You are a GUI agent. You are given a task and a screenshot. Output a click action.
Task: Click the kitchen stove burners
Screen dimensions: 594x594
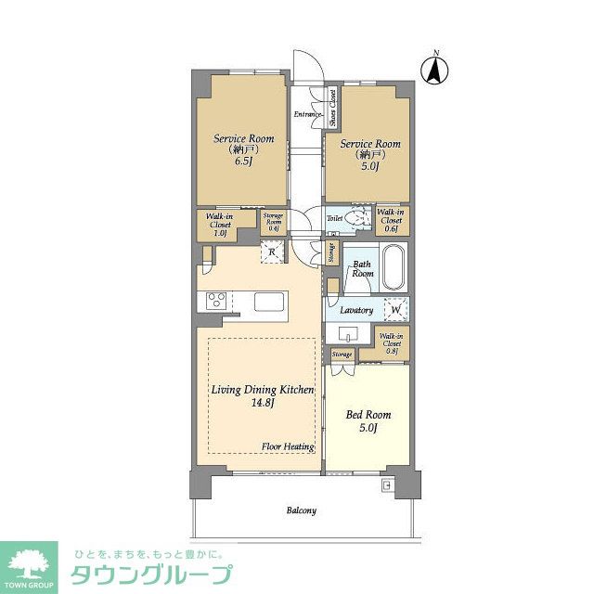[x=216, y=300]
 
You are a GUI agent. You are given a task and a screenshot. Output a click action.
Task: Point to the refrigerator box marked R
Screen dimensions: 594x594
[x=272, y=252]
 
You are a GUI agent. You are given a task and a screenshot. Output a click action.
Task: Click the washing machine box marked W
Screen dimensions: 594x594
[x=396, y=309]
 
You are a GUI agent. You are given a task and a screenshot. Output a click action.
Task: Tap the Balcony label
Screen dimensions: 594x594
[x=301, y=510]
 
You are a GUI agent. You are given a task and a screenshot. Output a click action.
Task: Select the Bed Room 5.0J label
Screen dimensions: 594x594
[x=368, y=420]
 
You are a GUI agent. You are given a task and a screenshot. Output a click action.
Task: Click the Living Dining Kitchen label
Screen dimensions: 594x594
[x=261, y=396]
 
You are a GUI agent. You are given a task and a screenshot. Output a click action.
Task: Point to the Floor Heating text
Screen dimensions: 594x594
[x=288, y=446]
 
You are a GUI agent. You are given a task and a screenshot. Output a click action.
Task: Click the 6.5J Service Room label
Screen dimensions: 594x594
[x=244, y=148]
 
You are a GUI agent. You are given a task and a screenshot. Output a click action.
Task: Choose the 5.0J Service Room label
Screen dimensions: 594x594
[x=369, y=154]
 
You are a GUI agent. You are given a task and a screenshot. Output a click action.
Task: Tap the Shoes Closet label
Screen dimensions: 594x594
[x=331, y=106]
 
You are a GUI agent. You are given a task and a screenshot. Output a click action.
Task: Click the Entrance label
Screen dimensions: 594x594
[x=307, y=114]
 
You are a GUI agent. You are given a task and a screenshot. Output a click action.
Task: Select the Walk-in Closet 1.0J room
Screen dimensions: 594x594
[x=219, y=225]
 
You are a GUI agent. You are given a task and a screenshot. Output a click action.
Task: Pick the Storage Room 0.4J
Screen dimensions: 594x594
[x=273, y=223]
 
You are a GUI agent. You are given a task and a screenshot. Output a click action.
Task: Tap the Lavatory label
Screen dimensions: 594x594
[x=355, y=310]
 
